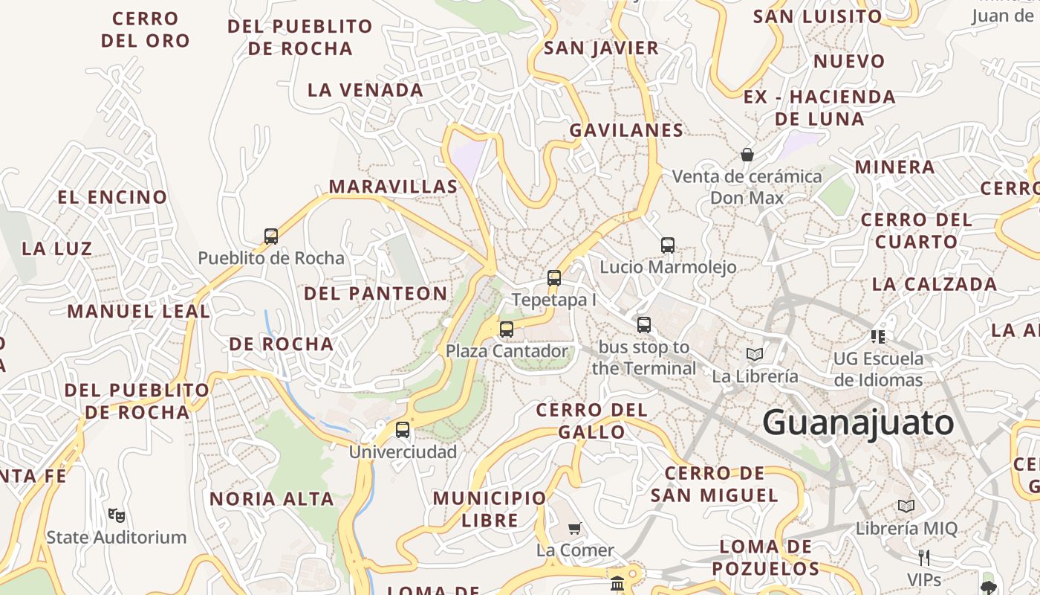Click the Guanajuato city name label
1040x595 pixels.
click(858, 423)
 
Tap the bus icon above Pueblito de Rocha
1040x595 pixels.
click(271, 237)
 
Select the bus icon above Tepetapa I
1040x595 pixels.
click(554, 278)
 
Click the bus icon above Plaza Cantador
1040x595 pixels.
click(507, 329)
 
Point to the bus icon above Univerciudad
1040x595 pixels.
click(403, 430)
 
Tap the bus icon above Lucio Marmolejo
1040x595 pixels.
click(668, 245)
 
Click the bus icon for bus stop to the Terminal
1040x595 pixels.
click(644, 325)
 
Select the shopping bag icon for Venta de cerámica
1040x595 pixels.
click(747, 155)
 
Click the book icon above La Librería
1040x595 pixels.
click(755, 354)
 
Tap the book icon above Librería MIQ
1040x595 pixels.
click(906, 506)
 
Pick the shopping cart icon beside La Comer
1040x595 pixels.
click(574, 529)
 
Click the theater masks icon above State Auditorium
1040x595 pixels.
click(117, 515)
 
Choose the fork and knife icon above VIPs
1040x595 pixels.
click(924, 557)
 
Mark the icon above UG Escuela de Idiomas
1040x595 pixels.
click(878, 336)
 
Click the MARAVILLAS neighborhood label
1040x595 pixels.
click(394, 187)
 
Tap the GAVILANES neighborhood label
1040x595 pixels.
click(626, 130)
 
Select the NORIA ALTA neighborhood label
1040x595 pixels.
click(272, 499)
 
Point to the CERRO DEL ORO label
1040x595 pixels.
click(146, 30)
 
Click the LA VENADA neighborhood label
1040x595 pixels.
click(365, 90)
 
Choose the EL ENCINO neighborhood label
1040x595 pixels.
click(113, 197)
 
